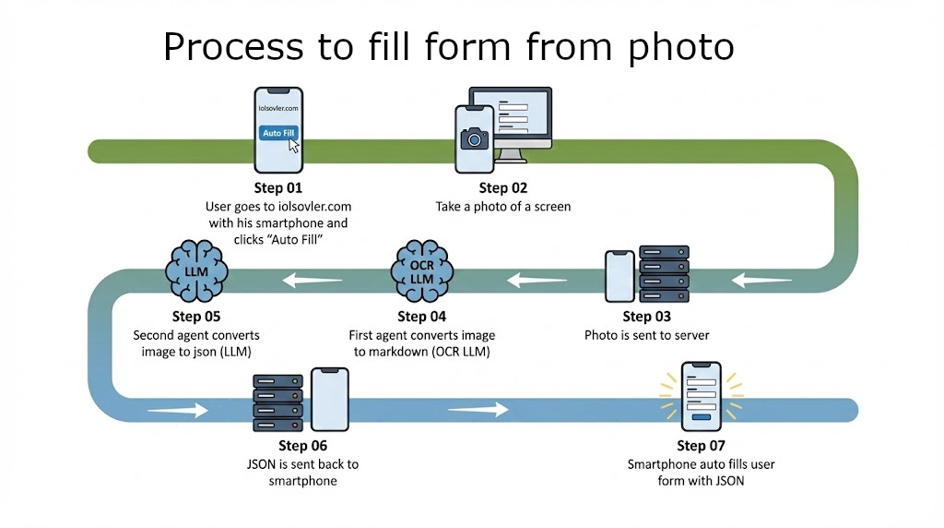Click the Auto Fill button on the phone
click(277, 133)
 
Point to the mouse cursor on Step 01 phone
click(294, 147)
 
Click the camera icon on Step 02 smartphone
click(475, 139)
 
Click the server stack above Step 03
click(664, 274)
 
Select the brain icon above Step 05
click(196, 270)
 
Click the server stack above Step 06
click(277, 402)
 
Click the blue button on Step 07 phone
click(701, 416)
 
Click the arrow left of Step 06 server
click(177, 409)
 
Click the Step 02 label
click(502, 188)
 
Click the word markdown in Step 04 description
click(398, 353)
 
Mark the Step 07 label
click(701, 446)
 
